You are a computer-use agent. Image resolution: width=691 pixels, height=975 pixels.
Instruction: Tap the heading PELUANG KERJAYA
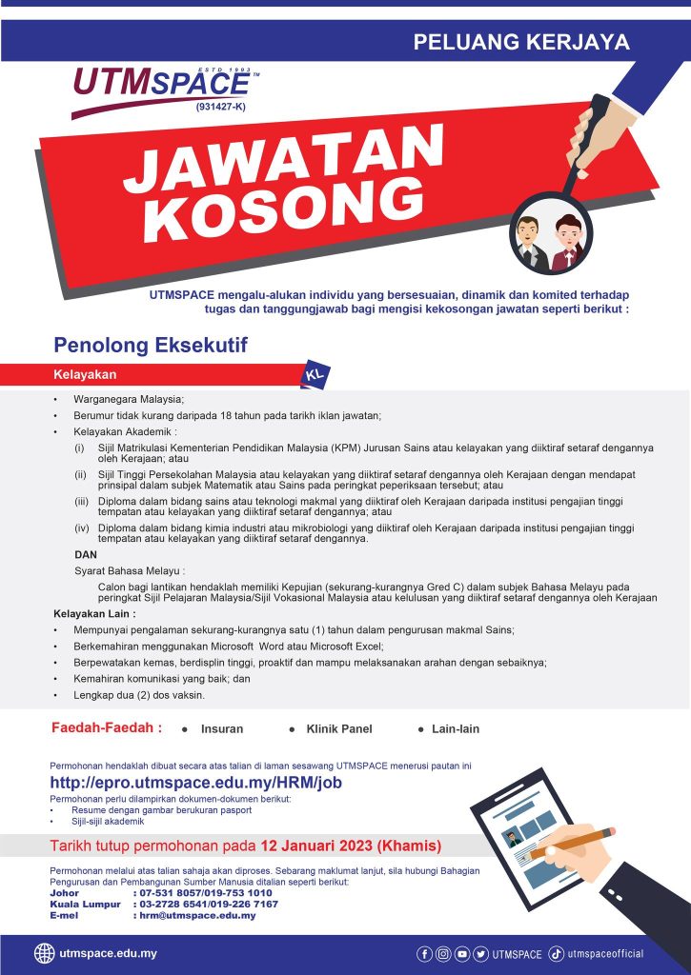point(521,42)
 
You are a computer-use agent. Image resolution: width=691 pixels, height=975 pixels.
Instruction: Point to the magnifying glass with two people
point(550,233)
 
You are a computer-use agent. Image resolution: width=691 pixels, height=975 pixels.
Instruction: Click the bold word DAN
point(85,554)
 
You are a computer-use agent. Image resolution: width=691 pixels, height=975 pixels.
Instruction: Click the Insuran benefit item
point(222,729)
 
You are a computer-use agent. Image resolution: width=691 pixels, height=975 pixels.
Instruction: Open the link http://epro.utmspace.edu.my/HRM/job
point(195,783)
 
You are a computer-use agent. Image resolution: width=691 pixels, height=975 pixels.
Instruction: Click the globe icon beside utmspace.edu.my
point(44,953)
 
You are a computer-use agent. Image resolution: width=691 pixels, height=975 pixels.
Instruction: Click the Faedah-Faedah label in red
point(106,728)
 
